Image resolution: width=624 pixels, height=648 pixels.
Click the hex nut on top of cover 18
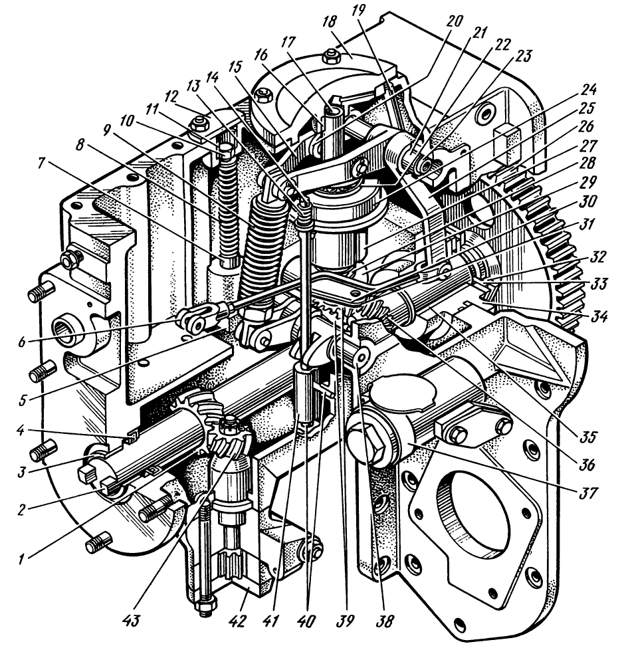[330, 58]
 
